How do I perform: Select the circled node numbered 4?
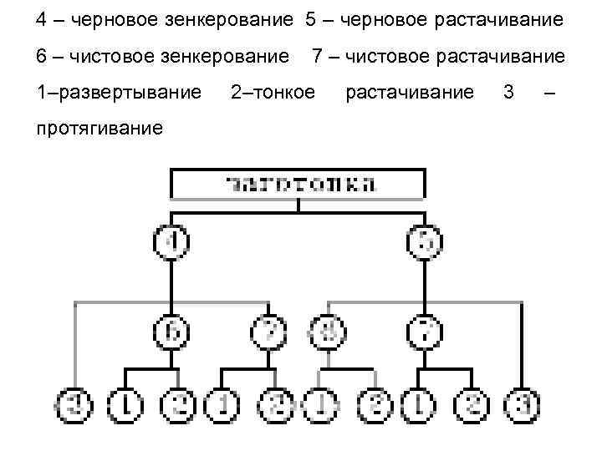(171, 243)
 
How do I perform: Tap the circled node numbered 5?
(425, 243)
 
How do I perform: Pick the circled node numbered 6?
(171, 332)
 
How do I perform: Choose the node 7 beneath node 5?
(425, 332)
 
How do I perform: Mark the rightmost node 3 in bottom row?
(523, 407)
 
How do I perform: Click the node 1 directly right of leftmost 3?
(125, 407)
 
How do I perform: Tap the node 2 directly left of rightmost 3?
(473, 407)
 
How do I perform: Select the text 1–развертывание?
(119, 91)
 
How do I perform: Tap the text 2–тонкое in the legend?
(272, 91)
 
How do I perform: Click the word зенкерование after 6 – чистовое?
(225, 55)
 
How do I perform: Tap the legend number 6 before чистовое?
(42, 55)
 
